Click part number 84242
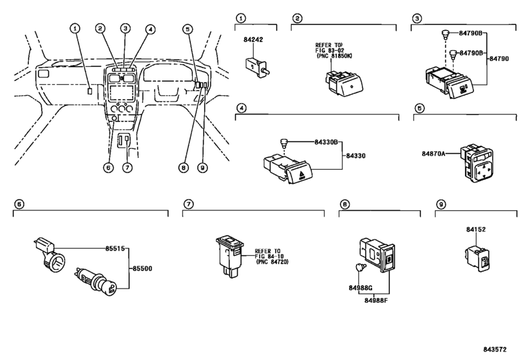pos(253,40)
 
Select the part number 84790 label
pos(499,59)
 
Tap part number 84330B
pos(326,143)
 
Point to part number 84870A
pos(433,154)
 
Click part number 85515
pos(115,248)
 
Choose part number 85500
pos(142,268)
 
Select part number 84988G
pos(360,288)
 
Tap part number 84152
pos(475,230)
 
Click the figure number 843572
pos(495,349)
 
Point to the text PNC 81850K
pos(335,56)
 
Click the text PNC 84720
pos(273,262)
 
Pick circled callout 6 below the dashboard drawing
pos(109,168)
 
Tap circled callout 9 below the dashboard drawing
pos(202,168)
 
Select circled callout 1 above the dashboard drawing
pos(75,28)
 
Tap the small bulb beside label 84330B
pos(283,143)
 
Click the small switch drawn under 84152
pos(479,258)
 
